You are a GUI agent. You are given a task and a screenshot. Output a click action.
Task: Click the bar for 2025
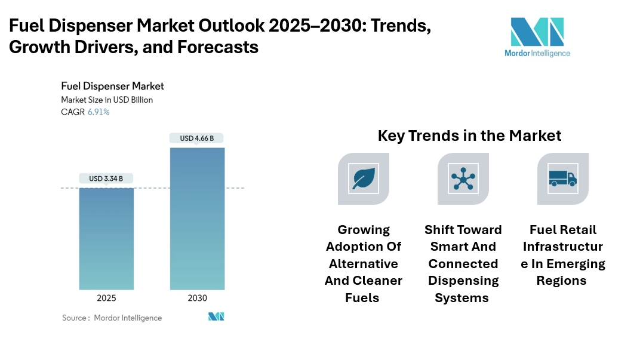tap(106, 239)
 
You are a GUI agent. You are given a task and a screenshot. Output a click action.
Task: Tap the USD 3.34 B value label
tap(106, 178)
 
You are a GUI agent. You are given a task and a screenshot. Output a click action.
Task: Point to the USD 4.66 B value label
tap(198, 139)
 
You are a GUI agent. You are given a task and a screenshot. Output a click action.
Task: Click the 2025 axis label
tap(106, 299)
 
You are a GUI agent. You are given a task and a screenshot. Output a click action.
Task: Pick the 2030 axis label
tap(198, 299)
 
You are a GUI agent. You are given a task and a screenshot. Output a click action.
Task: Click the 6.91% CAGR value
tap(99, 112)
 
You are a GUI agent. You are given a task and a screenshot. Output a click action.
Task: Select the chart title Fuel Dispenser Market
tap(112, 86)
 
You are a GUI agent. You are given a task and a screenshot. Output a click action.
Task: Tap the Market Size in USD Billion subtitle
tap(107, 100)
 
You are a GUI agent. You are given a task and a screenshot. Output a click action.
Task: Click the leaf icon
tap(363, 179)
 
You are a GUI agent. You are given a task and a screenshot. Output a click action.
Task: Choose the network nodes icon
tap(463, 179)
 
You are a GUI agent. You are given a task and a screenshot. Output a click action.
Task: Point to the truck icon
tap(562, 179)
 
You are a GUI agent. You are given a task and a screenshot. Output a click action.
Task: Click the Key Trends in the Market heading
tap(469, 136)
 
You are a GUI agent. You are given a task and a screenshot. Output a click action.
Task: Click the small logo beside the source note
tap(216, 316)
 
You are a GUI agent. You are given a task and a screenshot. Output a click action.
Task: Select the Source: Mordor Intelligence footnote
tap(112, 318)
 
